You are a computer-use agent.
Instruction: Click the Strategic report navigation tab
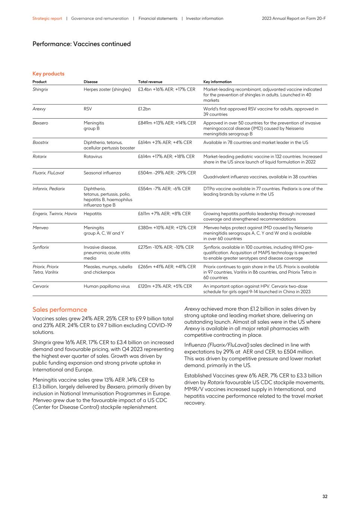point(47,18)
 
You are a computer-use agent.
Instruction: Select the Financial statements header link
point(158,18)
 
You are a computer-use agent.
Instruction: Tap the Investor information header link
point(205,18)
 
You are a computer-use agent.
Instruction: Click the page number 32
point(325,496)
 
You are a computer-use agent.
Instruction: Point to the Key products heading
point(48,74)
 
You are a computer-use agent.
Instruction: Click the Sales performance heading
point(60,310)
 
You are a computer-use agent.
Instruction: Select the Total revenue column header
point(150,82)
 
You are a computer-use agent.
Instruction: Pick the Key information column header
point(217,82)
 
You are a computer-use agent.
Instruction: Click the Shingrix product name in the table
point(40,89)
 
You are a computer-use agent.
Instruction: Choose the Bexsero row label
point(40,123)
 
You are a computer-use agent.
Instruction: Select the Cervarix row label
point(41,286)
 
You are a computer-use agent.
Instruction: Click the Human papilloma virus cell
point(107,286)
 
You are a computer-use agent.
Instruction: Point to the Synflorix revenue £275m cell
point(166,247)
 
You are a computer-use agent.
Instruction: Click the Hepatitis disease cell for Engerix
point(92,214)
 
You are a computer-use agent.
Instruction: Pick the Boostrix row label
point(40,142)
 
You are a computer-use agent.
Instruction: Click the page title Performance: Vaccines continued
point(82,44)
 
